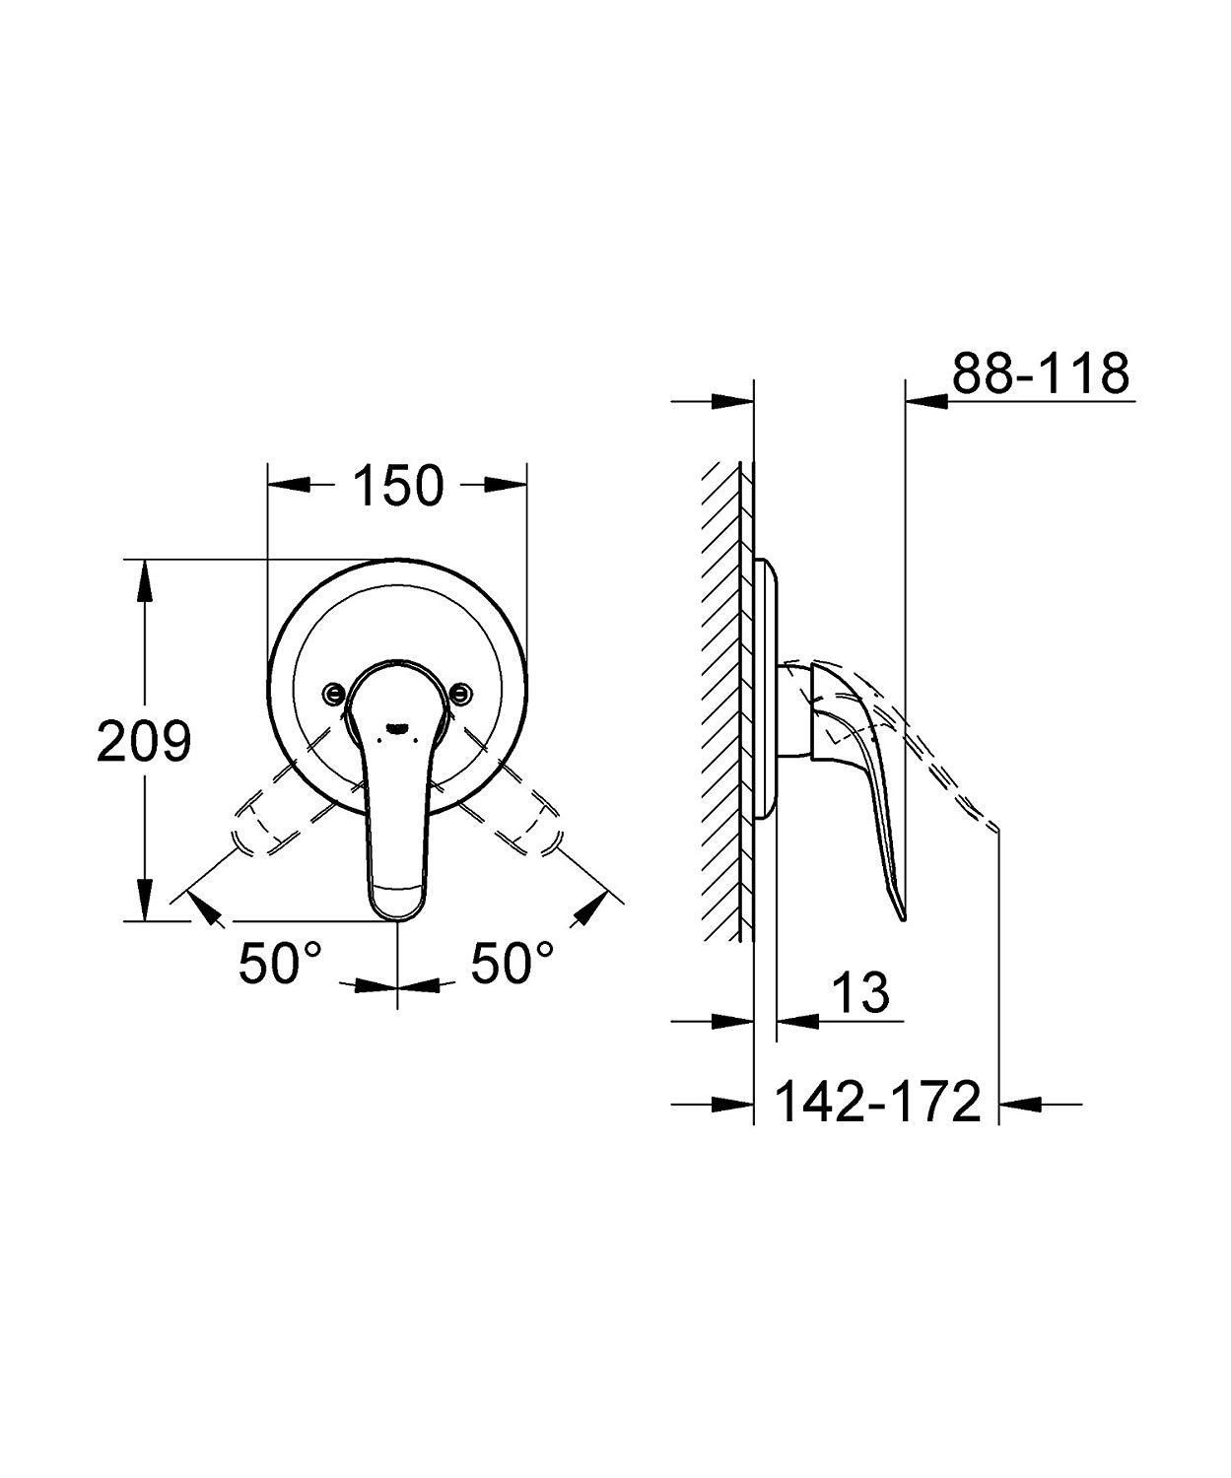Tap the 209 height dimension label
pos(143,741)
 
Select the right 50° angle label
pos(512,963)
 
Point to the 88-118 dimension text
pos(1040,373)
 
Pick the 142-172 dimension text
pos(878,1103)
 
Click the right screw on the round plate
pos(460,693)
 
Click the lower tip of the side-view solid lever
pos(903,916)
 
